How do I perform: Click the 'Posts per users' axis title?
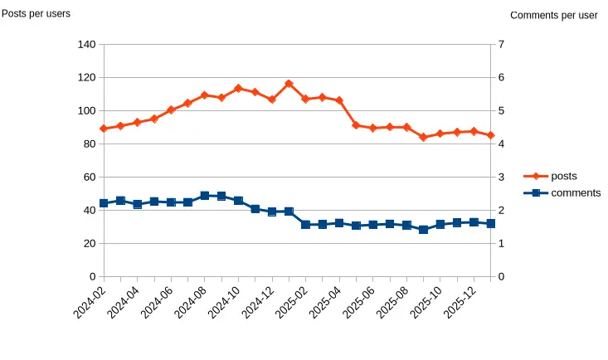[x=36, y=13]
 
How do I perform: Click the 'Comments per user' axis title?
[x=553, y=15]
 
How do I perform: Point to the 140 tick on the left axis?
[x=86, y=45]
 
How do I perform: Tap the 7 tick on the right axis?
[x=501, y=45]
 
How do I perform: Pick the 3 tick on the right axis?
[x=501, y=178]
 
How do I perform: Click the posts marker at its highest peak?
[x=289, y=84]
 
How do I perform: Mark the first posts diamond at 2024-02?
[x=104, y=129]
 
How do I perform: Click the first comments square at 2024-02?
[x=104, y=203]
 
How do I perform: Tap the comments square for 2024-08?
[x=205, y=196]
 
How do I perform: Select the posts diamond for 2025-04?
[x=339, y=100]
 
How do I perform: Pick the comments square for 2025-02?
[x=305, y=225]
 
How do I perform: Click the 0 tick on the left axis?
[x=92, y=277]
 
